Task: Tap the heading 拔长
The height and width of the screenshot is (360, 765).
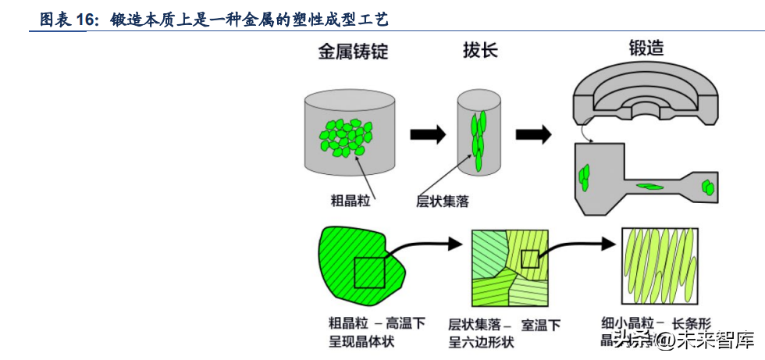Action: [x=479, y=52]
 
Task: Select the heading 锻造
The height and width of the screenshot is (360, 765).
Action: [x=646, y=48]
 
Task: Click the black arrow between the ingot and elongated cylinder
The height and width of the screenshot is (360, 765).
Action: [x=428, y=134]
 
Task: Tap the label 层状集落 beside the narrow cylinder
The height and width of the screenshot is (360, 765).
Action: [x=443, y=201]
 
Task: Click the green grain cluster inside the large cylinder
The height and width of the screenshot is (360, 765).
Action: [x=343, y=137]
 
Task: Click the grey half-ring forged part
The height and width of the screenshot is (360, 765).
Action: [x=645, y=93]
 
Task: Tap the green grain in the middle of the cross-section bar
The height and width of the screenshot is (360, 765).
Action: [x=649, y=186]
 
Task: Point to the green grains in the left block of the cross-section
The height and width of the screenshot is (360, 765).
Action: [x=584, y=177]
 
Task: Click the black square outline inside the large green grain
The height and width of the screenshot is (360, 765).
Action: [x=369, y=273]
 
